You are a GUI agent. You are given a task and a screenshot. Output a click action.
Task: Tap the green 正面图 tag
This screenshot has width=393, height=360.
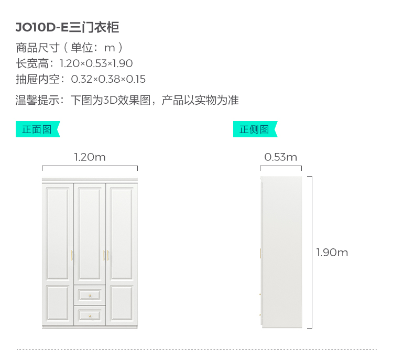point(37,129)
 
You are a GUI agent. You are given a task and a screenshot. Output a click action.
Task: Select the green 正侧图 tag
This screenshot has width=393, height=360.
point(254,129)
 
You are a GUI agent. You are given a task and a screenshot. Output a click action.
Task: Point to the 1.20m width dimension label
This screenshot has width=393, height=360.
point(90,157)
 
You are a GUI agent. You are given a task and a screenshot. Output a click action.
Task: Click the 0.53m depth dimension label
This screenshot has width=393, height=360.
point(280,157)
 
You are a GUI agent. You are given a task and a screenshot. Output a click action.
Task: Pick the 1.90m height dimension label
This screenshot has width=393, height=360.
point(332,253)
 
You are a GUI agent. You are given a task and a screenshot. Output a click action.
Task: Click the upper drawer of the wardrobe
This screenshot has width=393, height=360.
point(90,295)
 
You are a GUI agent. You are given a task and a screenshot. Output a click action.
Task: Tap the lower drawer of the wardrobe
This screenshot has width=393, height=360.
point(90,314)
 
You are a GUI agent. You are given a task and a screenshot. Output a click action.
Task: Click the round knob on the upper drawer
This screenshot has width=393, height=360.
point(90,296)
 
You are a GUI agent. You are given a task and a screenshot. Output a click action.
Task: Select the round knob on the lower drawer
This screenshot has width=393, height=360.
point(90,315)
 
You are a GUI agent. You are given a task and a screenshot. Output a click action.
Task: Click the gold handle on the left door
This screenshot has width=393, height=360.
point(72,255)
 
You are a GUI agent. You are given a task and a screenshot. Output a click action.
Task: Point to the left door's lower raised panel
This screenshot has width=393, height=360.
point(58,303)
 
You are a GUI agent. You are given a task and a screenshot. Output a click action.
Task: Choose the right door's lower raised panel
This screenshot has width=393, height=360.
point(122,303)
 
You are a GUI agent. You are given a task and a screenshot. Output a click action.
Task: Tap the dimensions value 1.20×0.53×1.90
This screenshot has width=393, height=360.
point(96,63)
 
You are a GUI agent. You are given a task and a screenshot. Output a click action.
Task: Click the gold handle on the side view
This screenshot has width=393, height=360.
point(260,254)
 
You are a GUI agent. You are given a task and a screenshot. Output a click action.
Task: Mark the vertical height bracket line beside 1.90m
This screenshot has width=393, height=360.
point(312,253)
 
